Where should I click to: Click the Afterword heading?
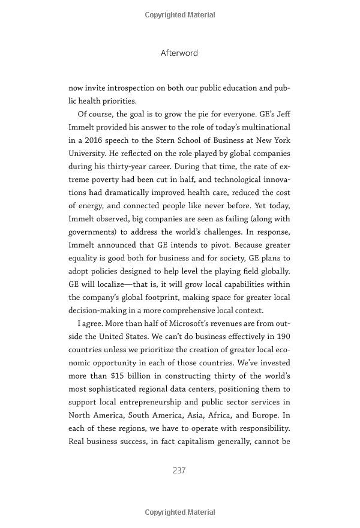coord(179,53)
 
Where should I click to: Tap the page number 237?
coord(179,470)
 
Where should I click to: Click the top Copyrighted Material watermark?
coord(180,14)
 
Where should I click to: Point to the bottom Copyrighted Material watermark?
coord(180,512)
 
